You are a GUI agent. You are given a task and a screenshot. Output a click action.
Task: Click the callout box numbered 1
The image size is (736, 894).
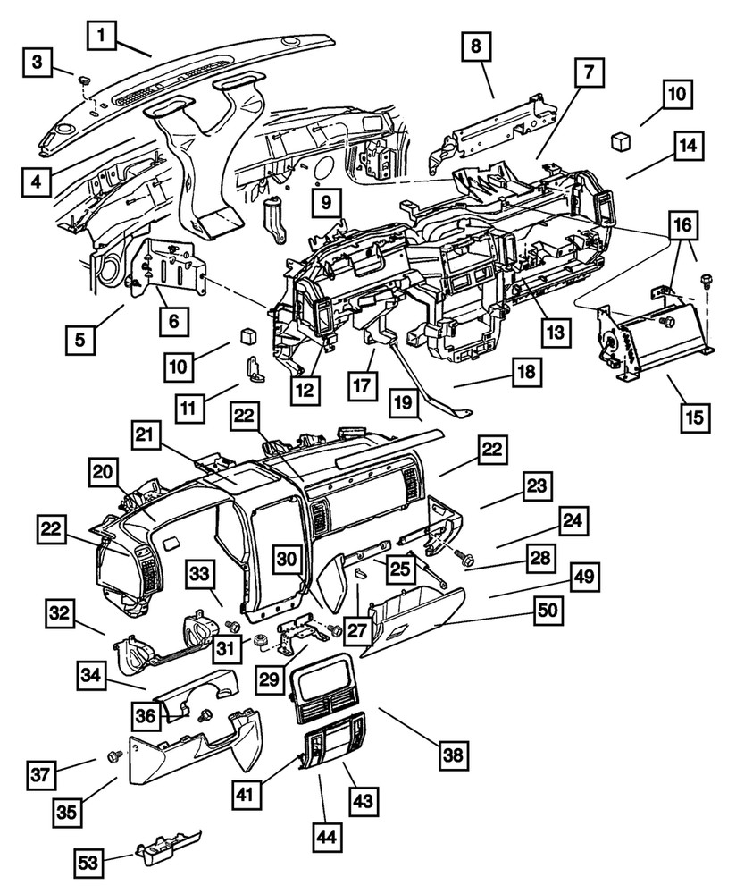coord(103,37)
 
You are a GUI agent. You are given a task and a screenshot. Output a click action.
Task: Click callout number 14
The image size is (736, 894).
coord(690,145)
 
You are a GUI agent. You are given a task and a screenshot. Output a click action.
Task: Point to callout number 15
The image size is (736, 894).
coord(694,417)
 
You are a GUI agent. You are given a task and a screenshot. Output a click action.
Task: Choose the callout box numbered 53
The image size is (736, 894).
coord(88,864)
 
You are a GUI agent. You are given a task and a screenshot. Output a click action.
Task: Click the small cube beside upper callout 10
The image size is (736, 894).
coord(617,140)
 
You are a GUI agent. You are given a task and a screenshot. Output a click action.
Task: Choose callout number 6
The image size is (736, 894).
coord(173,318)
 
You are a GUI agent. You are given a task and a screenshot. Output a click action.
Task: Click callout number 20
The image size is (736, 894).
coord(103,473)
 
